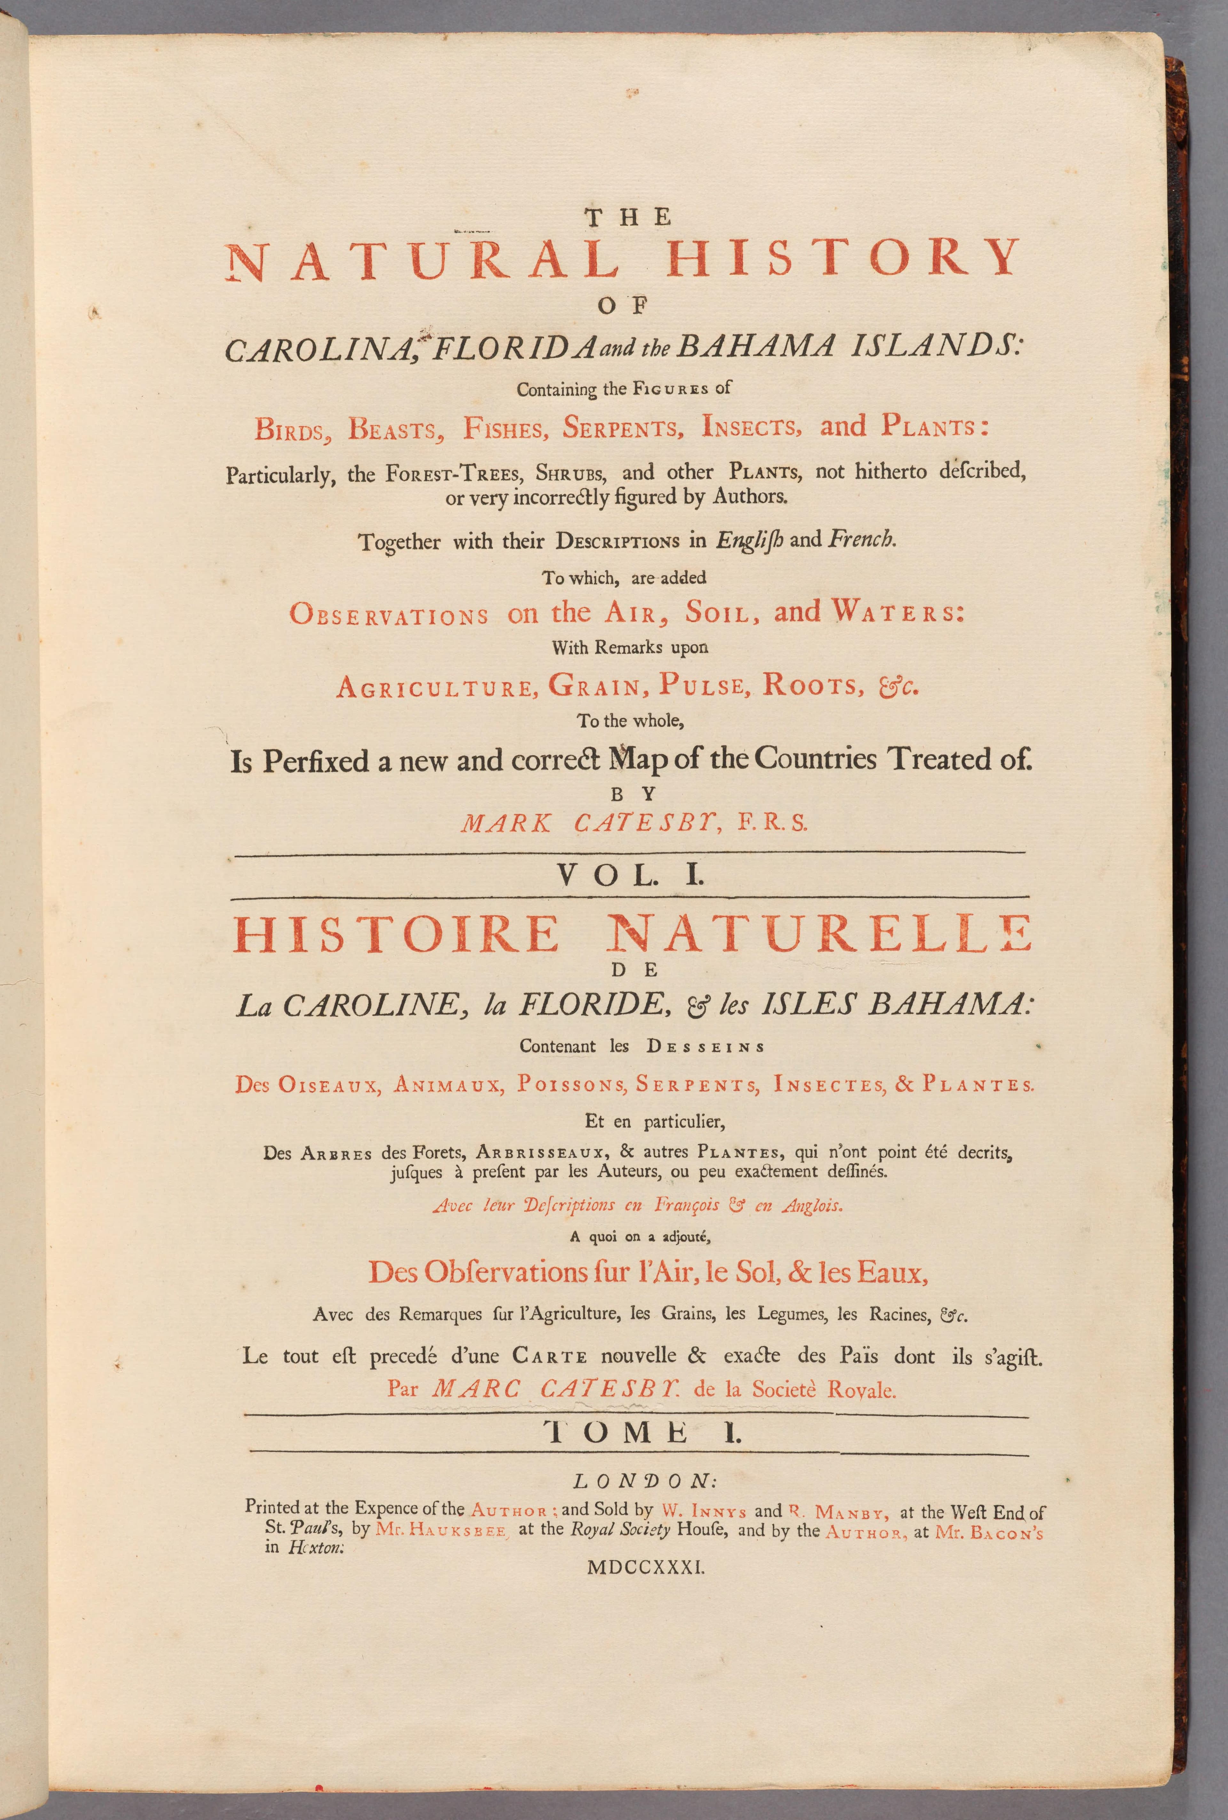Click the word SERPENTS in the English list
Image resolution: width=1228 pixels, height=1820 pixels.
(622, 429)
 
